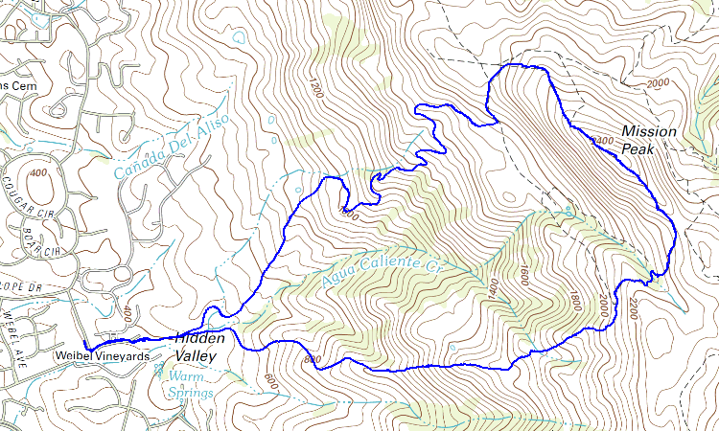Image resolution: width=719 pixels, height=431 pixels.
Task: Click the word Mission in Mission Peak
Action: (648, 131)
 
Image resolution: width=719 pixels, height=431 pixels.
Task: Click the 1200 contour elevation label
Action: (313, 89)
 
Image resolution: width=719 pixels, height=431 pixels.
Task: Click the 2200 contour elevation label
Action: (633, 308)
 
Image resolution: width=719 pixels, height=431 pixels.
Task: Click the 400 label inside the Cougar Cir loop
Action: (38, 173)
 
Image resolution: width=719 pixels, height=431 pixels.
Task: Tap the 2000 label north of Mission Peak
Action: (658, 84)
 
